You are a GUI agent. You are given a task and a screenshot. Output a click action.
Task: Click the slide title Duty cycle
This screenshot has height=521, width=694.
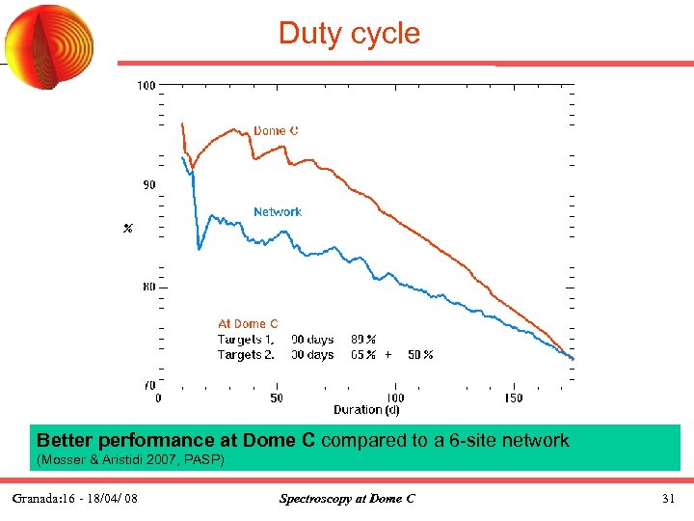point(349,33)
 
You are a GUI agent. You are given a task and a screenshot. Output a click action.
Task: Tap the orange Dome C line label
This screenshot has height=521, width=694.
point(276,131)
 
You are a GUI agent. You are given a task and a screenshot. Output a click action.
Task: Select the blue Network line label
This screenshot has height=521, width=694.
point(278,211)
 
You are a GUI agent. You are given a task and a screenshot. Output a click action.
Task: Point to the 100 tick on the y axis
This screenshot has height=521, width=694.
point(146,86)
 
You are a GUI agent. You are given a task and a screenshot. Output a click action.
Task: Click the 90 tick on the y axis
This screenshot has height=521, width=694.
point(149,185)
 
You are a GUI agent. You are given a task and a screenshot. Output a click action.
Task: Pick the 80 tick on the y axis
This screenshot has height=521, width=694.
point(149,287)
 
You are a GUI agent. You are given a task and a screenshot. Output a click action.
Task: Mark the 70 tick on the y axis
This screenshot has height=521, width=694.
point(149,385)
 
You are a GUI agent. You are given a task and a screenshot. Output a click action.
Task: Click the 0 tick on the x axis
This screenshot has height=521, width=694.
point(159,398)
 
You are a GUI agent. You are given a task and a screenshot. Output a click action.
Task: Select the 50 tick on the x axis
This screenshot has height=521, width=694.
point(277,398)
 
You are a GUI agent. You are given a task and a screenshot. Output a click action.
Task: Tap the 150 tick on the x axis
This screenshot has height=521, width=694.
point(513,398)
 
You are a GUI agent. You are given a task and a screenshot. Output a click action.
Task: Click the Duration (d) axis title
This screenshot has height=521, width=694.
point(366,410)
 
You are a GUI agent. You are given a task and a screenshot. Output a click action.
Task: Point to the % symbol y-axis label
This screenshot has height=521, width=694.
point(127,229)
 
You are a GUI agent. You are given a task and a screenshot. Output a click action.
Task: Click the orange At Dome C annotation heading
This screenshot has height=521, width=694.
point(248,324)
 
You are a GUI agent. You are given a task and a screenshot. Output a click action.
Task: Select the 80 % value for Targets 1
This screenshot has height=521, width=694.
point(363,340)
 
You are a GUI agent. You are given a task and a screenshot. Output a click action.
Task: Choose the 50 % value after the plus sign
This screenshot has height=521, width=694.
point(420,355)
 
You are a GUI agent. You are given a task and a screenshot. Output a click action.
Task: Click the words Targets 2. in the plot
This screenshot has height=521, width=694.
point(246,355)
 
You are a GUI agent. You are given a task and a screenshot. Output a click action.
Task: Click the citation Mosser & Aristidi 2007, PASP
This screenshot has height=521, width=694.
point(129,460)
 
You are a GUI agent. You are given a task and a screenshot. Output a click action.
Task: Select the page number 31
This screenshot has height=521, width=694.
point(668,499)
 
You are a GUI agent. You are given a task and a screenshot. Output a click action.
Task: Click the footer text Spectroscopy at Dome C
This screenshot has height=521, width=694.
point(347,499)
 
